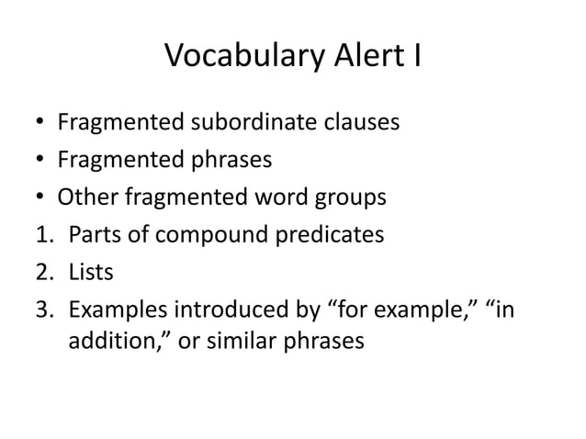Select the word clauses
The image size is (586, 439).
click(x=359, y=122)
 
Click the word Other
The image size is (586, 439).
click(x=85, y=197)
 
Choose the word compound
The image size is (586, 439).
click(x=227, y=236)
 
